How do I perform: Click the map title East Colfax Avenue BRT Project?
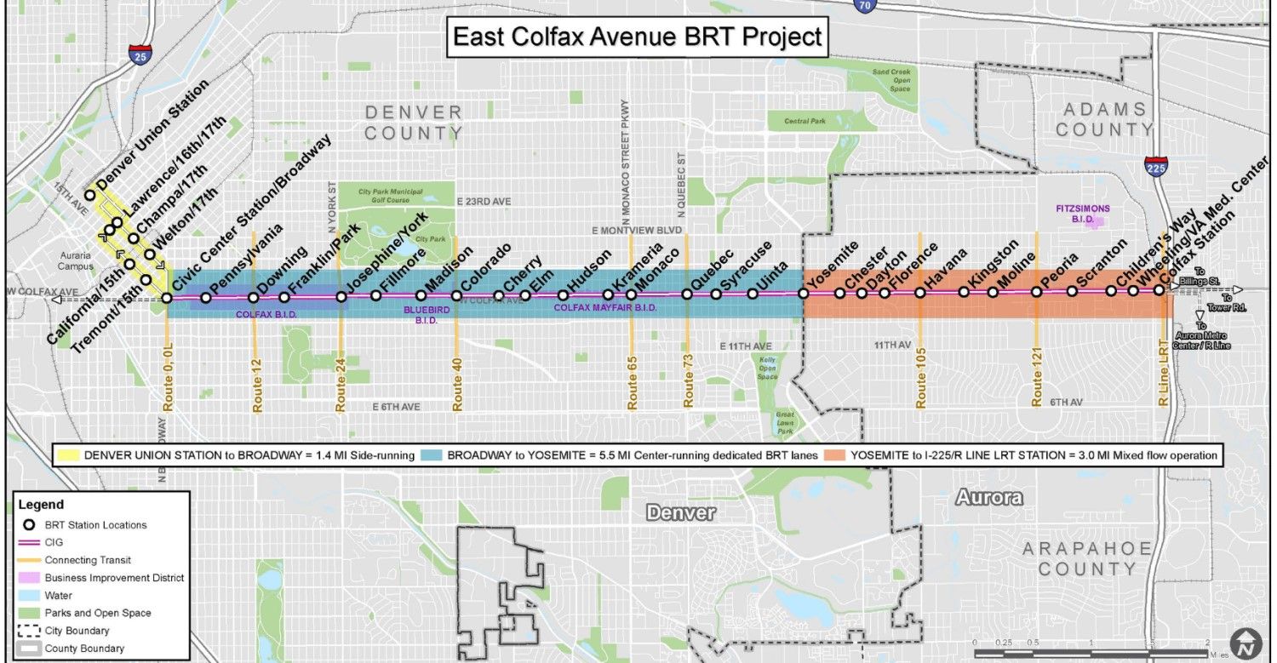click(638, 37)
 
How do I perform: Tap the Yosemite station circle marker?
click(803, 293)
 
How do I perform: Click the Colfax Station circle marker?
click(1159, 290)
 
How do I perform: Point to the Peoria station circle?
click(1037, 292)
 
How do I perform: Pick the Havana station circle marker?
click(920, 293)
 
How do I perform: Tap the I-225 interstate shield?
click(1155, 164)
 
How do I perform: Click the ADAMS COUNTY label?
click(1104, 119)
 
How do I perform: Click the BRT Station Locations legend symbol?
click(29, 525)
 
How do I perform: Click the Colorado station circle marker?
click(456, 296)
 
